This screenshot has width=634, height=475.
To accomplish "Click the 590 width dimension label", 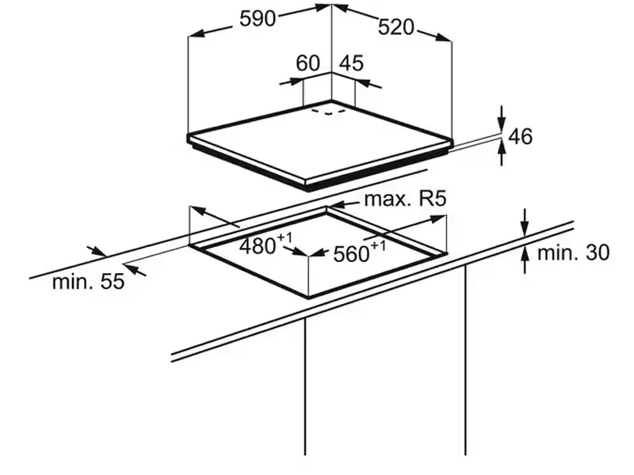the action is [258, 18].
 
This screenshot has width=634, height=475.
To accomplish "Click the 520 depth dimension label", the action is [396, 28].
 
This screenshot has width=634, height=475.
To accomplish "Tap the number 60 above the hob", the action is [308, 63].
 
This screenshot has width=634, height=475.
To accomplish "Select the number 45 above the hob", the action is [351, 63].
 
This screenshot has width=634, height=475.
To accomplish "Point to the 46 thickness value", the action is [520, 136].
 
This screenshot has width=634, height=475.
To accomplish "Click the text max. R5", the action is [405, 199].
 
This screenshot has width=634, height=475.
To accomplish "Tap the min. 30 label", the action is [573, 253].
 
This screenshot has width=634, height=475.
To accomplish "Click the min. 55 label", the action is [88, 281].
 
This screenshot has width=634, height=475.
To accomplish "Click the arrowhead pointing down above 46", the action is [502, 124].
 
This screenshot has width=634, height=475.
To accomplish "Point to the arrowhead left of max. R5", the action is [335, 205].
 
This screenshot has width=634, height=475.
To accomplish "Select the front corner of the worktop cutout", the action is [309, 298].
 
